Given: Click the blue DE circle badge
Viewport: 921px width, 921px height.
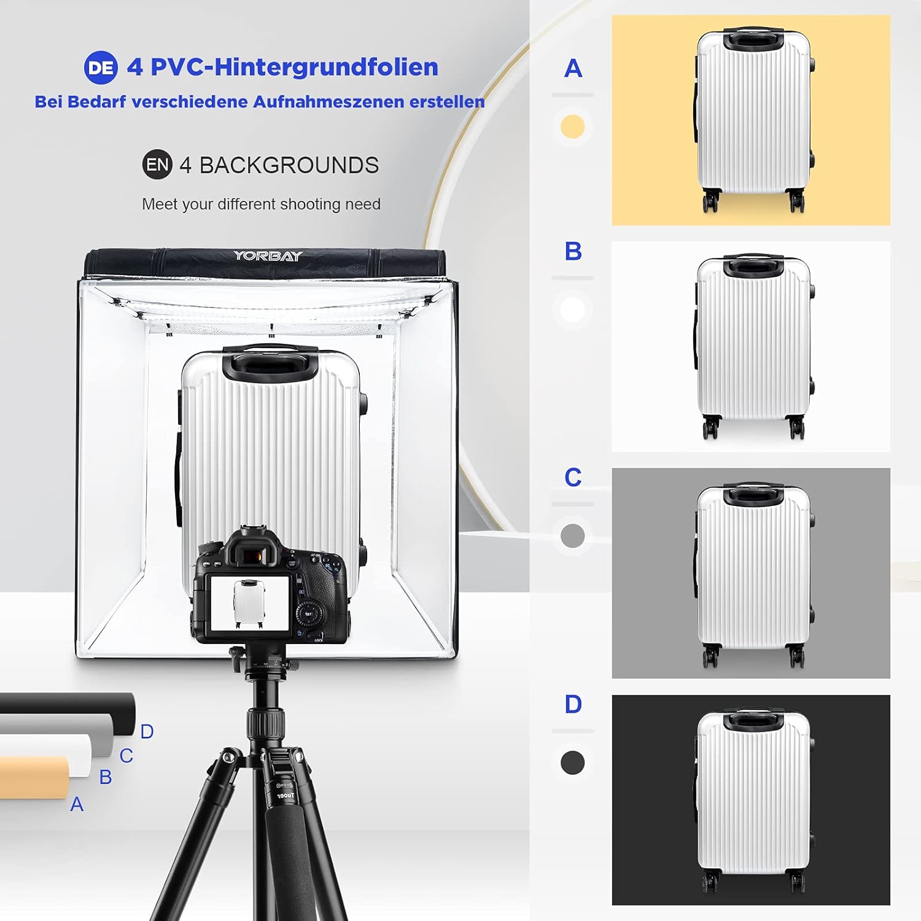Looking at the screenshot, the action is point(101,68).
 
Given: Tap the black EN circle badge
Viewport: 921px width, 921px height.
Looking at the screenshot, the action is point(157,165).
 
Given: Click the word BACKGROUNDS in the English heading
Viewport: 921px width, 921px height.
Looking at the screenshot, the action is point(289,165).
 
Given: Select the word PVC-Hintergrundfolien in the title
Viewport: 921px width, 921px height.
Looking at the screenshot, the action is point(294,67).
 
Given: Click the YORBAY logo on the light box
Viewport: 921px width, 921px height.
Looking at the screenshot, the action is point(268,256).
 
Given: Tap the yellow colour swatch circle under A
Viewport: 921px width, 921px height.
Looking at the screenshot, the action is point(572,126).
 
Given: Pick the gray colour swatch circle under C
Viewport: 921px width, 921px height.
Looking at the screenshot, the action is point(572,535).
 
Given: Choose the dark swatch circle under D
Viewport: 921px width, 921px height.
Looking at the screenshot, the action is point(572,763).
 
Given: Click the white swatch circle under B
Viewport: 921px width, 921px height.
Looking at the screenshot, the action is point(572,310).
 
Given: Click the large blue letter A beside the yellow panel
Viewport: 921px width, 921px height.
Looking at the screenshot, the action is point(573,68).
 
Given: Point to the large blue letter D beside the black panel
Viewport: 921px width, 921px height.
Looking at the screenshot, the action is point(573,704).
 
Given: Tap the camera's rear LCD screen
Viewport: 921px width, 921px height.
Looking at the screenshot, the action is point(250,603).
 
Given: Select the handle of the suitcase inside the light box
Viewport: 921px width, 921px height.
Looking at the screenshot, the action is point(270,362).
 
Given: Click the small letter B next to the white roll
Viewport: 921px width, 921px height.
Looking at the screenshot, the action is point(106,777).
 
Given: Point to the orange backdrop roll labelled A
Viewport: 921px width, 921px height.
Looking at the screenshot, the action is point(34,777).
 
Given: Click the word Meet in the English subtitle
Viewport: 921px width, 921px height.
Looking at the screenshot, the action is point(159,204).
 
